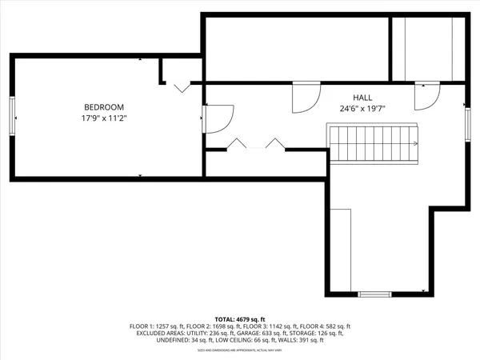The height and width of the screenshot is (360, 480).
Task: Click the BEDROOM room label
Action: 105,107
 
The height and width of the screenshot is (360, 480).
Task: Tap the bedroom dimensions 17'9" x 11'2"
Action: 105,118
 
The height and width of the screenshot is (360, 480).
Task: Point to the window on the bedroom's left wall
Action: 12,117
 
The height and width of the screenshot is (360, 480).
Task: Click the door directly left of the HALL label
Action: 305,98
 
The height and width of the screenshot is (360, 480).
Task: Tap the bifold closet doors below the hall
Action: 256,145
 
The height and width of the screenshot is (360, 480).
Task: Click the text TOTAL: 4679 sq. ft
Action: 239,319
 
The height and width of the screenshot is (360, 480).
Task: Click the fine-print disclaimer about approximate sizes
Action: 239,351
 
